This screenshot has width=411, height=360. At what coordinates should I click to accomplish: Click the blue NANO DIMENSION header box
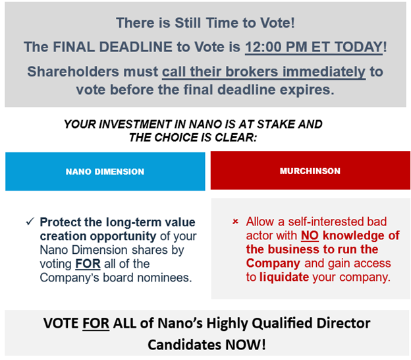coord(105,171)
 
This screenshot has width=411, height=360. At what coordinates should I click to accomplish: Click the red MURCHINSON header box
coord(310,170)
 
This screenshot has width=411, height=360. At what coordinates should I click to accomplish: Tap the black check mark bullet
coord(30,222)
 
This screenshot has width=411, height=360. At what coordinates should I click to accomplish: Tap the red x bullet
coord(235,222)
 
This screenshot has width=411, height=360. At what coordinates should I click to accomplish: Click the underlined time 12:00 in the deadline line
coord(263,47)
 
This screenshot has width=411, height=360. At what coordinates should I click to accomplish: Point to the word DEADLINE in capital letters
coord(136,47)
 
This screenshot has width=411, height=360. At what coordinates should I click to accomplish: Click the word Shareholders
coord(73,72)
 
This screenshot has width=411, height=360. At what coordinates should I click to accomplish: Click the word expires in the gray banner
coord(307,90)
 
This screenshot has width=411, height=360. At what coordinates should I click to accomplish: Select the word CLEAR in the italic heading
coord(236,138)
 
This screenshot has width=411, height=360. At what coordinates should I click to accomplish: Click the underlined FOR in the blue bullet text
coord(88,264)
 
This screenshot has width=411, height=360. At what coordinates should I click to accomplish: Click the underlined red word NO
coord(310,235)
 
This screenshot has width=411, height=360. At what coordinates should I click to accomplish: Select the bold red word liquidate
coord(284,277)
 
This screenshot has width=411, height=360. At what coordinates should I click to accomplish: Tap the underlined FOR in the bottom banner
coord(96,323)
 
